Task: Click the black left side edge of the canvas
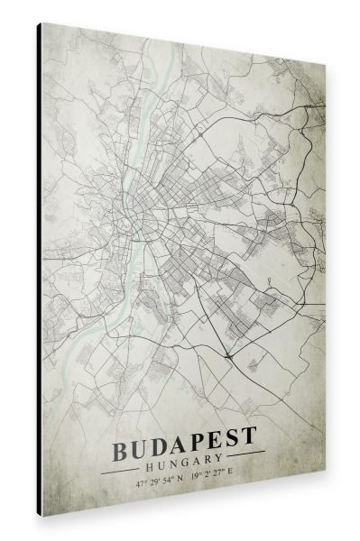pos(40,270)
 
